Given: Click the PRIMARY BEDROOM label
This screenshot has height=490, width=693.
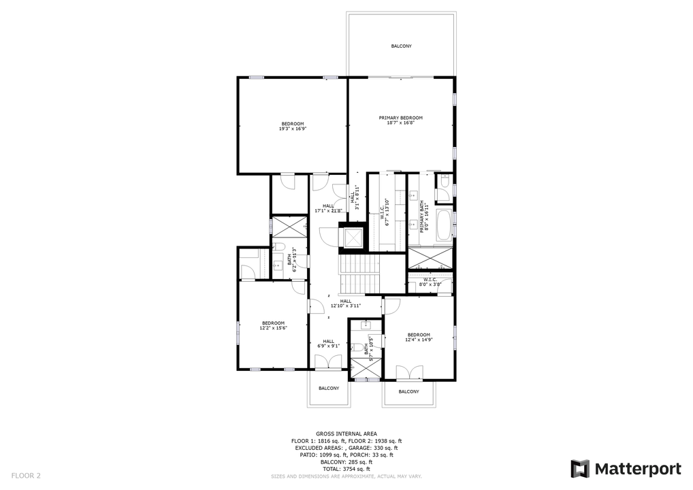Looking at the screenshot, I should (400, 118).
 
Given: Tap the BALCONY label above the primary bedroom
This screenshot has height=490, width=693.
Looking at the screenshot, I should (401, 46).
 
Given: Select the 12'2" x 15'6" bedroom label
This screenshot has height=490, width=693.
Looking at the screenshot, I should (273, 325).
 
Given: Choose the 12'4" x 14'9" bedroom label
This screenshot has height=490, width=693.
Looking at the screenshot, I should (419, 337).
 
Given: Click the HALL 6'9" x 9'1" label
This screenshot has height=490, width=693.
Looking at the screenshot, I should (328, 344).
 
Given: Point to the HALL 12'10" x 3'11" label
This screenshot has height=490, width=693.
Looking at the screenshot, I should (345, 304).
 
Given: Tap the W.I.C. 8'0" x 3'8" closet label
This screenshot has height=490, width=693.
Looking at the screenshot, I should (430, 282).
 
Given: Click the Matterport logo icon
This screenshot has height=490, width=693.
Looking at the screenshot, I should (579, 469).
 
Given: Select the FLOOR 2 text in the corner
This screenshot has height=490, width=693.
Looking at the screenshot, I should (26, 475).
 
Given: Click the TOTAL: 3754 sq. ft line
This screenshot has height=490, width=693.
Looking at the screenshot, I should (346, 469).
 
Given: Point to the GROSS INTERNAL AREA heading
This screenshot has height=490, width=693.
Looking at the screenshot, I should (346, 434).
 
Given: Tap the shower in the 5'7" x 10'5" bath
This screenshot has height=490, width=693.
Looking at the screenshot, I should (364, 367).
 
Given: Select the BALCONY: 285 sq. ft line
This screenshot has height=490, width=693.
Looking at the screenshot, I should (346, 462).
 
